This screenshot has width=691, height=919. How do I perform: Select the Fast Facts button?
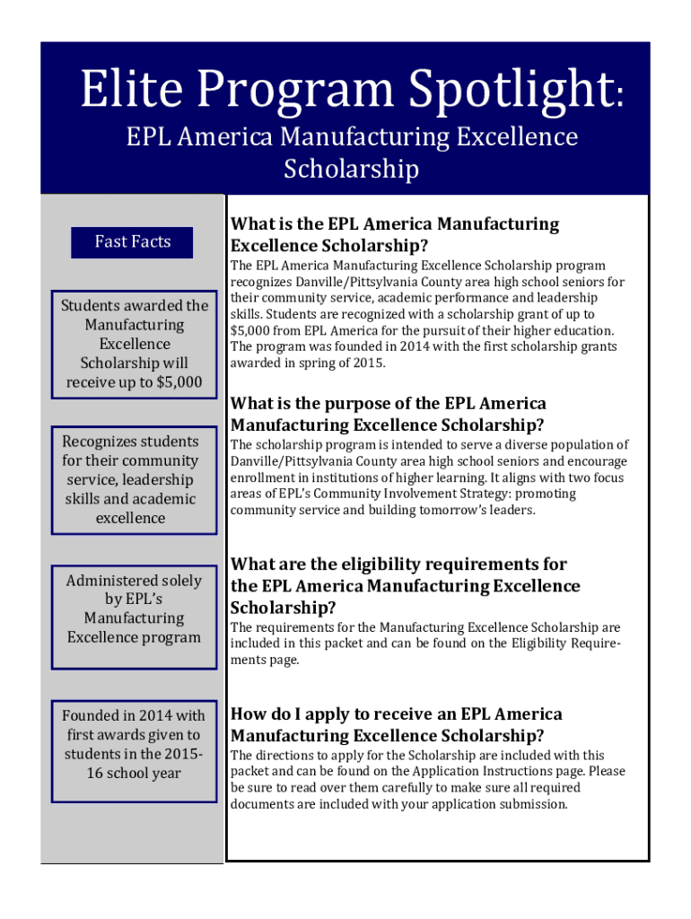(x=133, y=241)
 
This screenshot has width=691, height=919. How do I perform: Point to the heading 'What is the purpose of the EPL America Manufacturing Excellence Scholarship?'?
(x=388, y=414)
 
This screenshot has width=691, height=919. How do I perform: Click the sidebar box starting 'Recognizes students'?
(x=134, y=479)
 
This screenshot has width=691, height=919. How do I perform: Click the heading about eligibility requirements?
(x=406, y=585)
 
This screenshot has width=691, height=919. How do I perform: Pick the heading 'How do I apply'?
(x=397, y=725)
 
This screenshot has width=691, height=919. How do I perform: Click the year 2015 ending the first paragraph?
(x=368, y=363)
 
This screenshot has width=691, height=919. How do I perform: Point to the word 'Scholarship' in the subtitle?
(x=351, y=169)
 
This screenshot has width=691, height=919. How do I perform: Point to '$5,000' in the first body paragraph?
(x=250, y=330)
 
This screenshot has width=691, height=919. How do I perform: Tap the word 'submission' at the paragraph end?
(x=534, y=804)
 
